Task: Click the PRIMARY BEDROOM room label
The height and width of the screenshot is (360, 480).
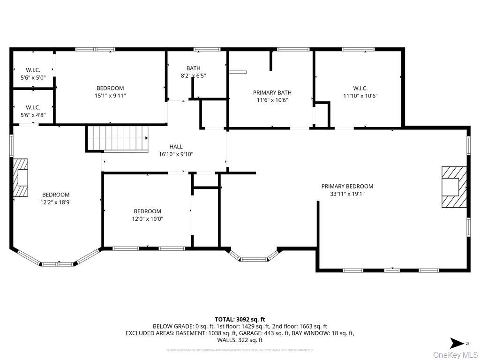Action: (347, 186)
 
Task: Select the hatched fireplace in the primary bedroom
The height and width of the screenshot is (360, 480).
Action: (454, 187)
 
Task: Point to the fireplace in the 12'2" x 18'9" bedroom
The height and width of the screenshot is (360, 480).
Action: (20, 178)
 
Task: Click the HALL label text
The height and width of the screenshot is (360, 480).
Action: (176, 147)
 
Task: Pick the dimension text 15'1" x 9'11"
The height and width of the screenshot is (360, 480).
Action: (110, 96)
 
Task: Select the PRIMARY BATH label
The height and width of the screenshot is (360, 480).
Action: (272, 92)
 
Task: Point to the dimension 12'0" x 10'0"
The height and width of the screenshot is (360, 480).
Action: (147, 218)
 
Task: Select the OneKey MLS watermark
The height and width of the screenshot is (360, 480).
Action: (455, 354)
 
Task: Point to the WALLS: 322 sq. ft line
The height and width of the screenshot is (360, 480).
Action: (240, 340)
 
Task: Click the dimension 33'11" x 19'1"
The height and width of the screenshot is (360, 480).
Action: (347, 193)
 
